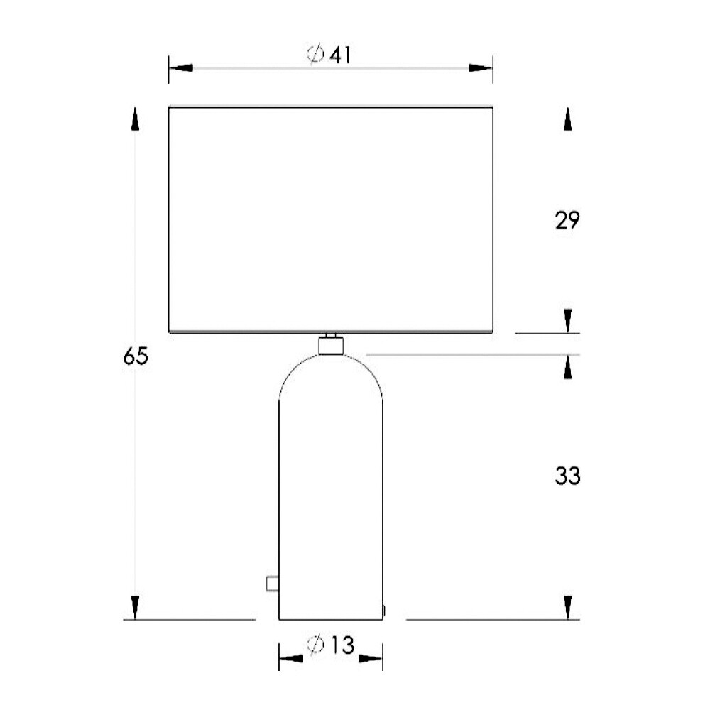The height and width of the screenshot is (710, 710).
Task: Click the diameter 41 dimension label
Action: [329, 54]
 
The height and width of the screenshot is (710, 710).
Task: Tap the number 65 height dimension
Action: [135, 356]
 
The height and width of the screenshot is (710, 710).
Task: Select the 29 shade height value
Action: [567, 220]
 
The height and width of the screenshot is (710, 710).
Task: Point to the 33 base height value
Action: [567, 476]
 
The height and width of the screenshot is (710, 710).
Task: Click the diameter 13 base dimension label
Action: [330, 645]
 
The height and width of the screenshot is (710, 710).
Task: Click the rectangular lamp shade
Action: [330, 220]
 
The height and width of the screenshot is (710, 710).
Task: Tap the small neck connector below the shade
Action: [329, 346]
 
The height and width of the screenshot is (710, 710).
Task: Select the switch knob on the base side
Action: [271, 584]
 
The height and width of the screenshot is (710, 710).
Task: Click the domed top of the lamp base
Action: [330, 376]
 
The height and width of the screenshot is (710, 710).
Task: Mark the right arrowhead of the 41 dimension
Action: [481, 68]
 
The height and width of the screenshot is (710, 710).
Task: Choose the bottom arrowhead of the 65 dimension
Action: [135, 607]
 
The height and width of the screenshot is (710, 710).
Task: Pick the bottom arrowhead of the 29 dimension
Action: [567, 320]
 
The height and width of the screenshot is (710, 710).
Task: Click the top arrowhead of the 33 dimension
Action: [567, 367]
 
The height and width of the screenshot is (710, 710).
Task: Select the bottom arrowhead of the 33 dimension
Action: [567, 607]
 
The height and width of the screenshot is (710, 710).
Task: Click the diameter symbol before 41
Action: [316, 54]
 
